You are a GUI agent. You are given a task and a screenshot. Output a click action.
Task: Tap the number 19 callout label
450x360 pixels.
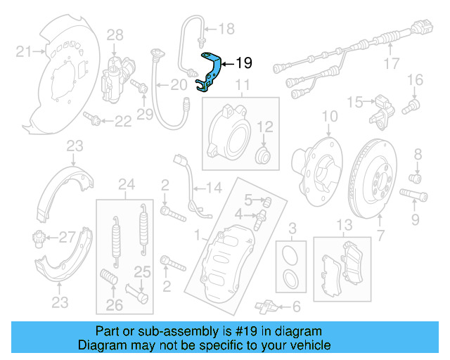point(243,63)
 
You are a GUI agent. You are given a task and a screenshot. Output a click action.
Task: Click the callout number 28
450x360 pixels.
point(115,34)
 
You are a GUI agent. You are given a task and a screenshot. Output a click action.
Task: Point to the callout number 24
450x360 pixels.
point(127,185)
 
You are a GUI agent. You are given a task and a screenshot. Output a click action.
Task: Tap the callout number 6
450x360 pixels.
point(296,306)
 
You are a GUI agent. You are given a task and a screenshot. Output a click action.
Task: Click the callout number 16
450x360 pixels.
point(416,79)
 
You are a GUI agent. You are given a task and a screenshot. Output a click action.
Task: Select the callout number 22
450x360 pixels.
point(123,122)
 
